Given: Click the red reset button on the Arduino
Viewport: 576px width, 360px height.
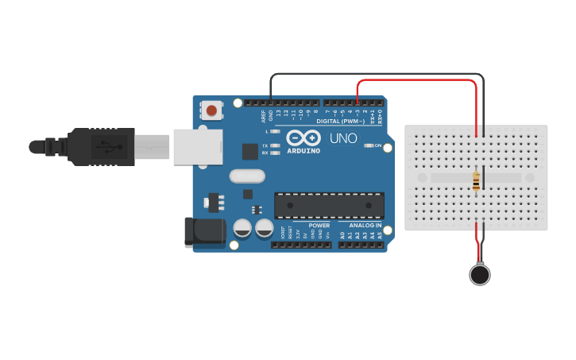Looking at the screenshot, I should pyautogui.click(x=211, y=110).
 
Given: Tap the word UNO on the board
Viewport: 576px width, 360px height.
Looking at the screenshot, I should pyautogui.click(x=343, y=138).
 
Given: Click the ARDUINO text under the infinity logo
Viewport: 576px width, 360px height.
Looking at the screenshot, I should pyautogui.click(x=303, y=150).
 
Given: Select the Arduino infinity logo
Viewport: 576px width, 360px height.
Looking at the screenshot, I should pyautogui.click(x=303, y=137).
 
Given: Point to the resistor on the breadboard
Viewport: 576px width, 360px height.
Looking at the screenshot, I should pyautogui.click(x=476, y=182).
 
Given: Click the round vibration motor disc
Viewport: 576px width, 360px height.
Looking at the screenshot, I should pyautogui.click(x=480, y=275).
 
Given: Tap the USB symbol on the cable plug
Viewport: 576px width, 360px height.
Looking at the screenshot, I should pyautogui.click(x=104, y=147).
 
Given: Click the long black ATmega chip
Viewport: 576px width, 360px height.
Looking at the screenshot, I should pyautogui.click(x=329, y=205).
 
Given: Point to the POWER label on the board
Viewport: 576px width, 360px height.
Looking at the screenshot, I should pyautogui.click(x=319, y=226).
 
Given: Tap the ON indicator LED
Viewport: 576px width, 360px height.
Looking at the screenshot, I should pyautogui.click(x=368, y=146).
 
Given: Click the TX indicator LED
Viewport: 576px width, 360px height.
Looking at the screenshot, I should pyautogui.click(x=275, y=145).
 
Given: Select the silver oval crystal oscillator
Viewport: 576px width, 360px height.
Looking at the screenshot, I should pyautogui.click(x=246, y=176).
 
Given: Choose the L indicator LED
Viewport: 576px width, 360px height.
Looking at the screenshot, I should pyautogui.click(x=275, y=131).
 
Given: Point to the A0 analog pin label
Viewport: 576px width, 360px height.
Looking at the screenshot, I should pyautogui.click(x=342, y=235).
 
